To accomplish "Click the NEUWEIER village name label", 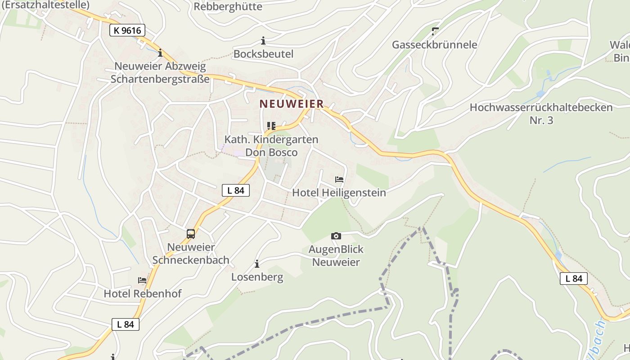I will (x=292, y=104).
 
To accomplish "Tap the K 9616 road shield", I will (x=127, y=31).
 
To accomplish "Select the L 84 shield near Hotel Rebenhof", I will (x=126, y=324).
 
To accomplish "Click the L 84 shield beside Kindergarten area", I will (x=236, y=190).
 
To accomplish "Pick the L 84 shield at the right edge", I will (x=574, y=279).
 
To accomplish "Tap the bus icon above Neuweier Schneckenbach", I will (x=191, y=234).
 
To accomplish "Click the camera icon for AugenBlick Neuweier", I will (x=336, y=236).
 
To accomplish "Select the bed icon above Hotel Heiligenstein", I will (x=339, y=180).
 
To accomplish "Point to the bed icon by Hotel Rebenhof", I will (x=142, y=280).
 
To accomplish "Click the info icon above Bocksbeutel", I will (x=263, y=41).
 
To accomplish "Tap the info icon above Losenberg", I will (x=257, y=264).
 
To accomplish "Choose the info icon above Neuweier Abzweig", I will (x=160, y=53).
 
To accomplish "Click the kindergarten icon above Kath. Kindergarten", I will (x=271, y=126).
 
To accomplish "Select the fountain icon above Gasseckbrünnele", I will (x=435, y=31).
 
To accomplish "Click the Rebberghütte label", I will (x=228, y=6).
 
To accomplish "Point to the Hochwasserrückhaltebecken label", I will (x=541, y=108).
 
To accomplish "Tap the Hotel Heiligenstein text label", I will (x=339, y=193).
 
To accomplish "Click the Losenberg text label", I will (x=257, y=277).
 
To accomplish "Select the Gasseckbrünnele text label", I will (x=434, y=45).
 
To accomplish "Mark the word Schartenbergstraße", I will (x=160, y=79).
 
